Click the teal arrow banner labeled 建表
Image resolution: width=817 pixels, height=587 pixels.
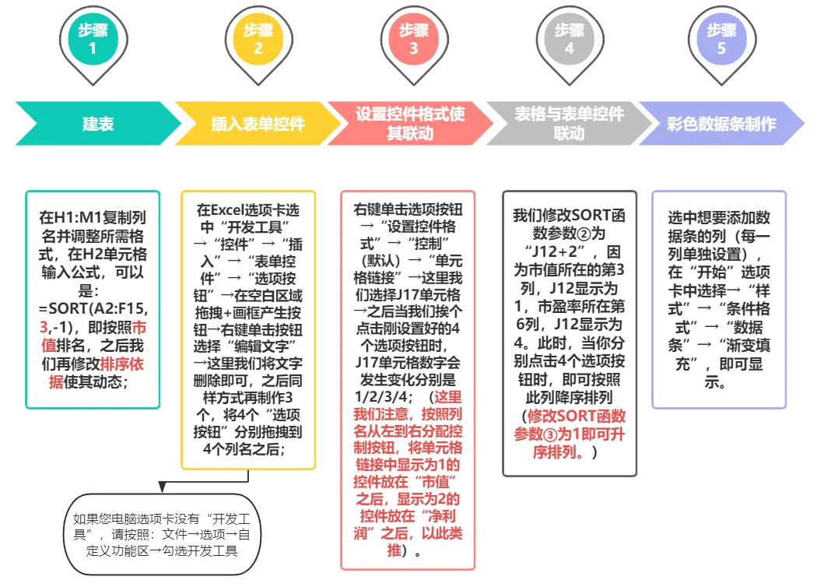[x=98, y=124]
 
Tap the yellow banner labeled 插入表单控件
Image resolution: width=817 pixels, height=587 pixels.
[x=258, y=124]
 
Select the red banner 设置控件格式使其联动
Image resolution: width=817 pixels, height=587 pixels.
[x=410, y=124]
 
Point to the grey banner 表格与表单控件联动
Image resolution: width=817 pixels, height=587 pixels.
[x=569, y=124]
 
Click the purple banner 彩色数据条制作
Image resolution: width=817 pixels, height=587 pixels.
[x=721, y=124]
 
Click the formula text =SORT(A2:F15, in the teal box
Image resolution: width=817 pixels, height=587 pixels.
[x=93, y=307]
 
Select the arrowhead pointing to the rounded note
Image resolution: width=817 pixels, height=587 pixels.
[x=162, y=487]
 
